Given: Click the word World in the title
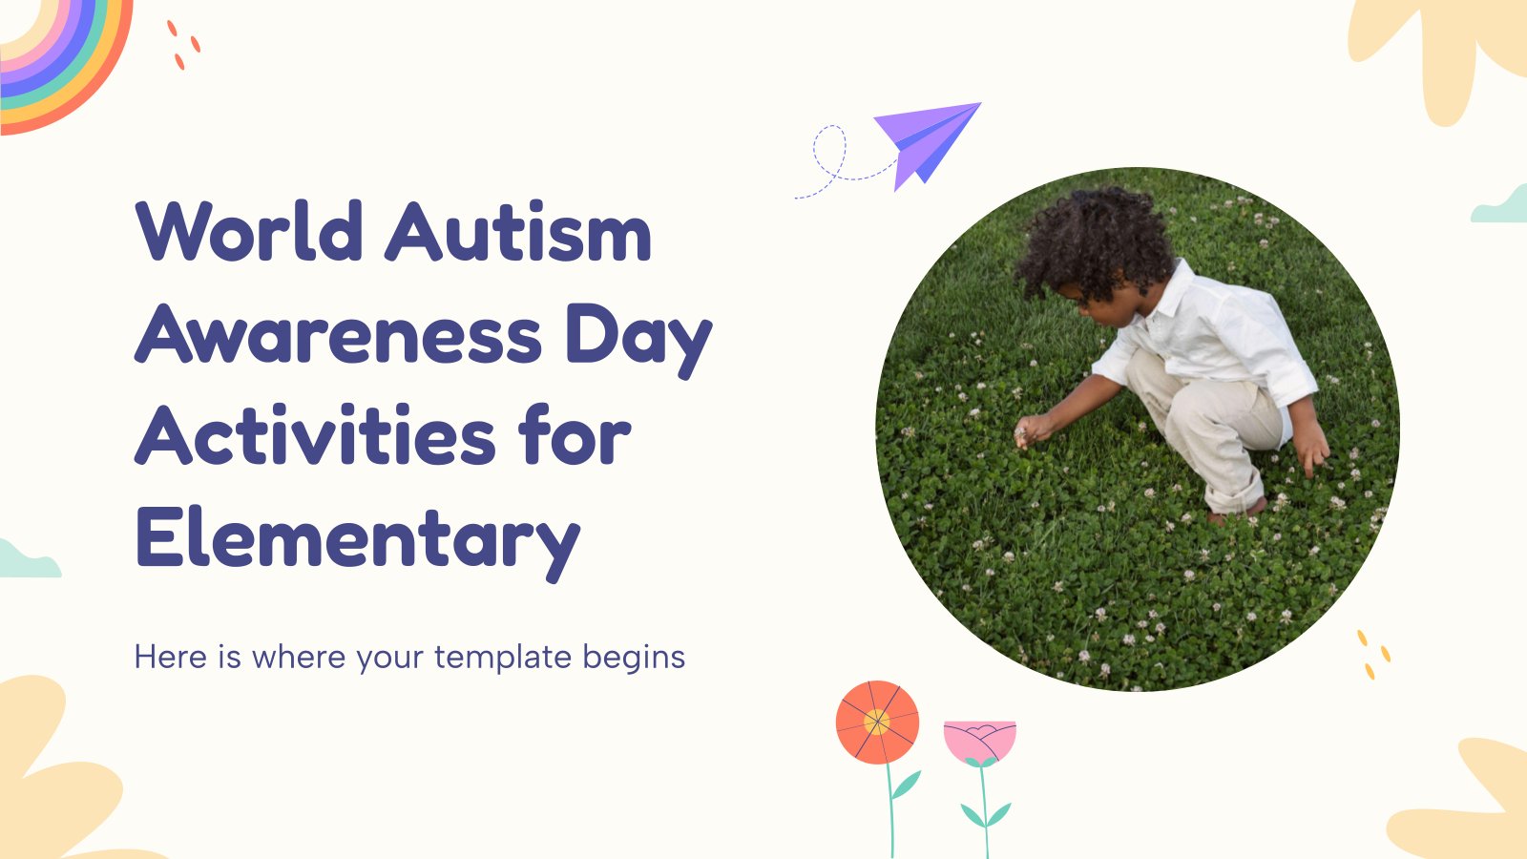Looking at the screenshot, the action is (249, 230).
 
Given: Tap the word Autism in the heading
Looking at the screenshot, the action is (518, 230).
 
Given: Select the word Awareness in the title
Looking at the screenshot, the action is (338, 333).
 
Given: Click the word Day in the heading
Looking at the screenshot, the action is (638, 338).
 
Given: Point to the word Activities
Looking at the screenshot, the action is (316, 435).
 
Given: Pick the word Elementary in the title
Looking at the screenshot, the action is (359, 542).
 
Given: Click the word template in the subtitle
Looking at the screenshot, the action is (502, 658).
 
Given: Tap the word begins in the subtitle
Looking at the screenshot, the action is (634, 659).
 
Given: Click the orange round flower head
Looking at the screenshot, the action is (877, 722).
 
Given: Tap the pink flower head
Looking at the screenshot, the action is (979, 742).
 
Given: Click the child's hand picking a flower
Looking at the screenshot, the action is (1032, 430).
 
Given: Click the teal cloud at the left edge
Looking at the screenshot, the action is (28, 562).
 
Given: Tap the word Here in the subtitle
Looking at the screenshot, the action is (171, 658).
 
